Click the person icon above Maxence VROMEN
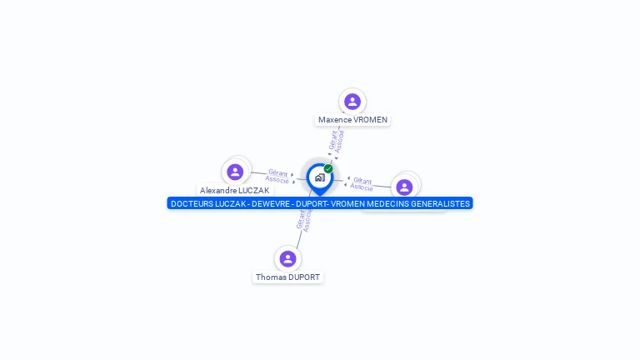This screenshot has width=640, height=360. tap(352, 102)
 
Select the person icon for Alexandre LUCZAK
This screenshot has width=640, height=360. tap(235, 172)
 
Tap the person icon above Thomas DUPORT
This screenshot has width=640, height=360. tap(287, 258)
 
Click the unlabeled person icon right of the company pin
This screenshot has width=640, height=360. tap(404, 187)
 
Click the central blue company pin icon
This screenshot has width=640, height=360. tap(319, 177)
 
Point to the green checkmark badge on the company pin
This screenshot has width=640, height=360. tap(328, 169)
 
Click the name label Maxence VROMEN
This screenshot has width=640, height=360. tap(352, 120)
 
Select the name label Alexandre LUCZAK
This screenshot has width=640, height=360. tap(234, 191)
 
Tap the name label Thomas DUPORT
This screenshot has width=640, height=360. tap(287, 277)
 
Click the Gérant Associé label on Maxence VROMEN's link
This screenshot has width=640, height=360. tap(337, 142)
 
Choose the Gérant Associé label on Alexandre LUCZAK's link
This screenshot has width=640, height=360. tap(277, 176)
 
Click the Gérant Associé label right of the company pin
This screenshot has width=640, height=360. tap(362, 183)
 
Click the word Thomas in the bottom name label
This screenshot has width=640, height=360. tap(271, 277)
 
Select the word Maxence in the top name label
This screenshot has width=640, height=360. tap(335, 120)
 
